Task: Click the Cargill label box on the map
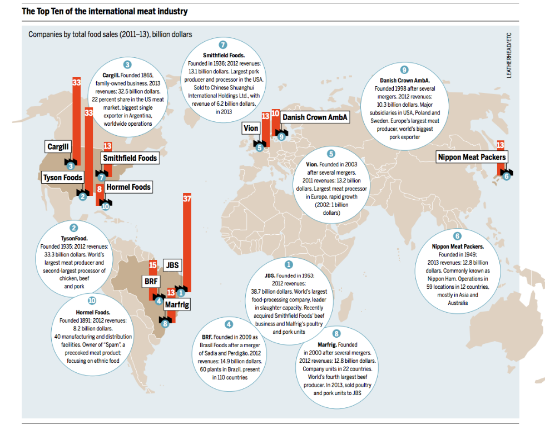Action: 58,147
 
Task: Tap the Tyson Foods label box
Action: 63,178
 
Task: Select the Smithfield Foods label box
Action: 130,158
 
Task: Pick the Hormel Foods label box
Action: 128,187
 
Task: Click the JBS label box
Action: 172,265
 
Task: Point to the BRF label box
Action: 152,282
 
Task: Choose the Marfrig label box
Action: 177,305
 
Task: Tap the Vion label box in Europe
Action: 251,129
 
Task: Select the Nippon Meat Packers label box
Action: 472,157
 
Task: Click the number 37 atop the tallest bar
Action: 187,198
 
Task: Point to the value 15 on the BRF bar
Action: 153,265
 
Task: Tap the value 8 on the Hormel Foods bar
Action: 99,189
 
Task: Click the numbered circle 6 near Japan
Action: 506,176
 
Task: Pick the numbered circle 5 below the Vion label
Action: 259,147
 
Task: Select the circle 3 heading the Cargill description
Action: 127,65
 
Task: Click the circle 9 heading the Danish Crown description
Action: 404,70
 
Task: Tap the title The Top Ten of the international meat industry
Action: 105,11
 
